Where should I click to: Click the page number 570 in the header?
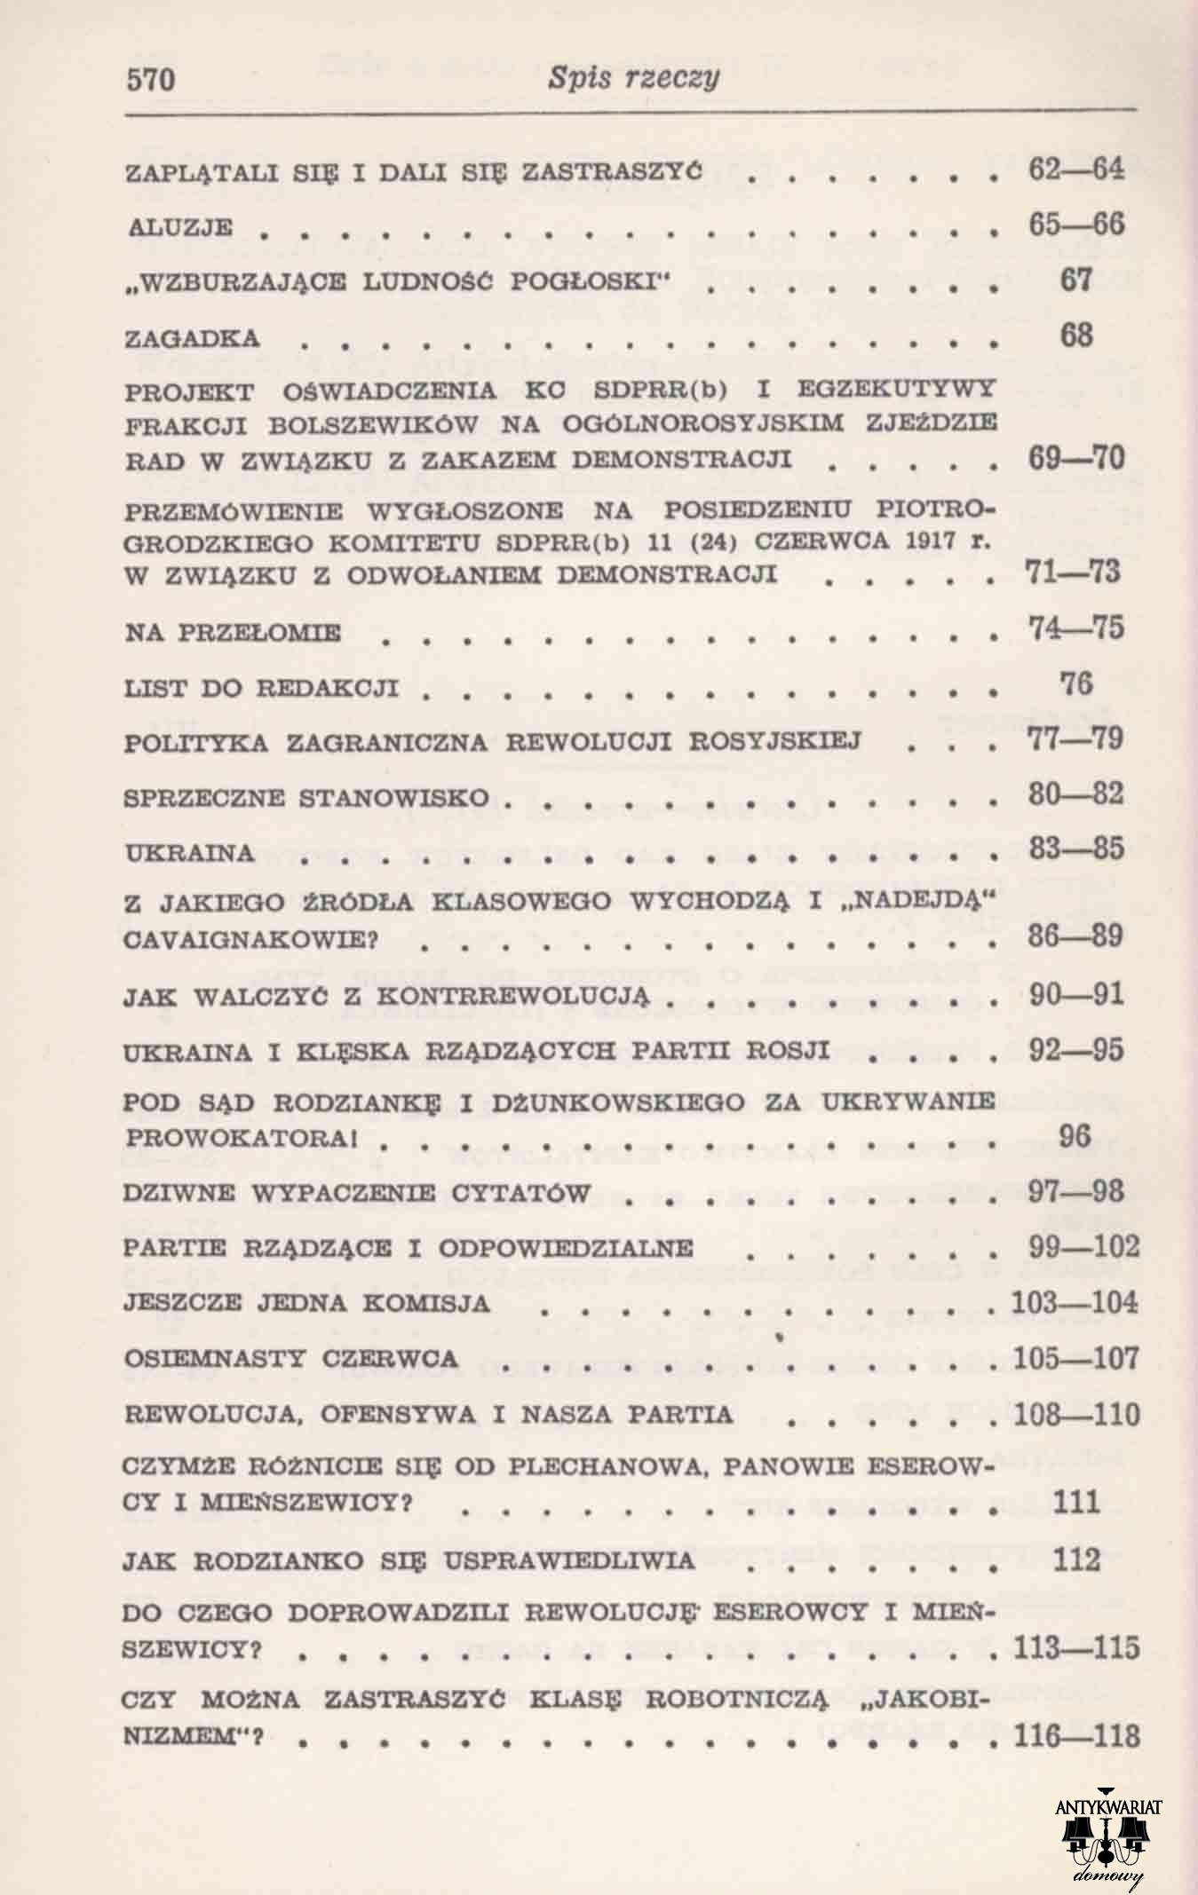tap(153, 81)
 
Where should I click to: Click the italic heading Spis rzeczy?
tap(632, 79)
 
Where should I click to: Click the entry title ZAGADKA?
tap(193, 338)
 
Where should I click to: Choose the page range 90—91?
tap(1076, 994)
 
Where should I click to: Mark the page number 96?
tap(1076, 1135)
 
